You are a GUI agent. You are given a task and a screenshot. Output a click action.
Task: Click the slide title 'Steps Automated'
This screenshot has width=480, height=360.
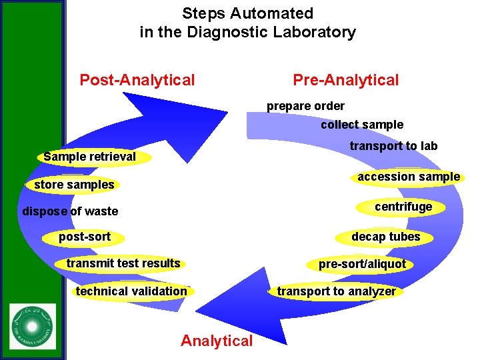247,13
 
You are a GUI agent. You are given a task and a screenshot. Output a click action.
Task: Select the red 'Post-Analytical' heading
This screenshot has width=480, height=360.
137,81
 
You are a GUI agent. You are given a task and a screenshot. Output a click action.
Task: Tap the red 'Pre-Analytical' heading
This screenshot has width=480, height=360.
345,81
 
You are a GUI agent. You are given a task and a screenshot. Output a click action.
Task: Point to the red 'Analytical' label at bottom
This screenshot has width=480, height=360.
217,341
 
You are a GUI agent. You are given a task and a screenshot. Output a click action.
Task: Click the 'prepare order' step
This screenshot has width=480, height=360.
305,106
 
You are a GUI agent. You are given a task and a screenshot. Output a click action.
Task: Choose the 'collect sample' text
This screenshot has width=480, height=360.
361,125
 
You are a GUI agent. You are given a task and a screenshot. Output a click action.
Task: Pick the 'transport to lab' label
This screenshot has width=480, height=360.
393,146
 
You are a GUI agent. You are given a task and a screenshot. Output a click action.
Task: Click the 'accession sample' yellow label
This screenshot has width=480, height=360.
408,177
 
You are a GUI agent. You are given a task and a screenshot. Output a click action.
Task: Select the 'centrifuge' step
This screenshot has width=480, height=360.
403,207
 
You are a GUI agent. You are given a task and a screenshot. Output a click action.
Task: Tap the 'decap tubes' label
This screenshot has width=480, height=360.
385,237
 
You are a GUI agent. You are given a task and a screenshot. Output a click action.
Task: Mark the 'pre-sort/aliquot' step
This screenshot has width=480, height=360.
361,264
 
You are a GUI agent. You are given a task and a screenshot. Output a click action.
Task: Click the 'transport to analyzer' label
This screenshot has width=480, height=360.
336,291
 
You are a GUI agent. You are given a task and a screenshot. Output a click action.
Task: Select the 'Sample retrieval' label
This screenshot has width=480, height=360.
89,157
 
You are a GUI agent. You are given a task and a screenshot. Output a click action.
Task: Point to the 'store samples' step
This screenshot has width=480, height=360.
74,185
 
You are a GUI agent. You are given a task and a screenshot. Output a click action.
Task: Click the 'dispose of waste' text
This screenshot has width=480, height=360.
70,211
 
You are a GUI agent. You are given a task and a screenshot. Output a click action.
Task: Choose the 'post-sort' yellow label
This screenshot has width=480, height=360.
85,237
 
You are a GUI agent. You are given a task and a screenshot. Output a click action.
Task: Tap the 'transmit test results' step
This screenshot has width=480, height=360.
123,263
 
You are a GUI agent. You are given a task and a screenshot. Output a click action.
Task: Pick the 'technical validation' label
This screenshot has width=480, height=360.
131,291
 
